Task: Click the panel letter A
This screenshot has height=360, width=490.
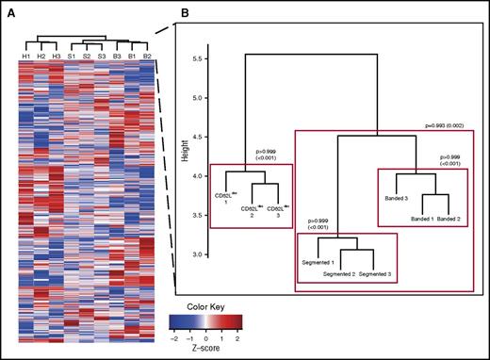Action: click(10, 13)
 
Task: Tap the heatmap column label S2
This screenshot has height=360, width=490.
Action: click(86, 57)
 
